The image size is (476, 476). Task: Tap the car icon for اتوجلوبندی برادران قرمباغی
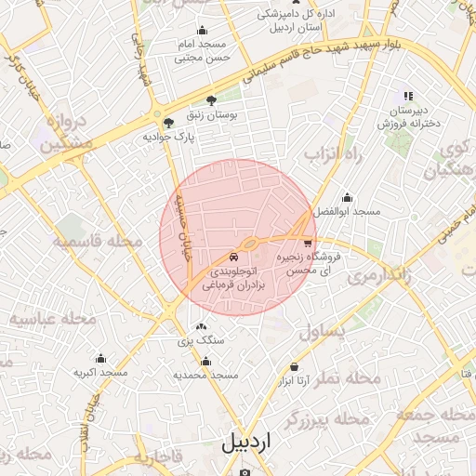coord(233,257)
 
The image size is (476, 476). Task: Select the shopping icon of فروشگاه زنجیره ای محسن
coord(308,242)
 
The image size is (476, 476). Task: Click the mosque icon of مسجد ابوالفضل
coord(347,197)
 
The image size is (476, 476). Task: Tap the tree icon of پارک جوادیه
coord(167,122)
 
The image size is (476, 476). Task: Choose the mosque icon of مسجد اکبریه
coord(100,358)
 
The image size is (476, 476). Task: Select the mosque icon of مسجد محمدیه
coord(205,362)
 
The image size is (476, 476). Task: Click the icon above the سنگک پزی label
coord(201,326)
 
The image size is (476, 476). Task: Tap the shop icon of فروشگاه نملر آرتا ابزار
coord(295,367)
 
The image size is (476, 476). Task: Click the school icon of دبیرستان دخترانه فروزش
coord(407,96)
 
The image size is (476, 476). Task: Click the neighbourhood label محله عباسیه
coord(54,321)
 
